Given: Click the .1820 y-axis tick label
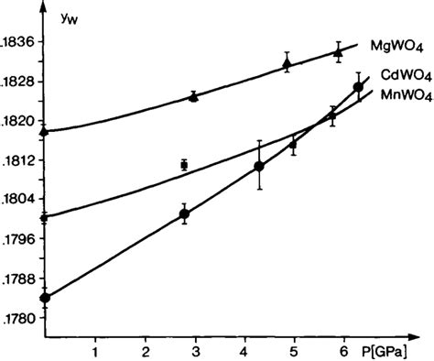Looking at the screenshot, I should pos(19,122).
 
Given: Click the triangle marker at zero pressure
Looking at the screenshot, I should pos(45,131).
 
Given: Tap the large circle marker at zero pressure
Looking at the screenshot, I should pos(45,297).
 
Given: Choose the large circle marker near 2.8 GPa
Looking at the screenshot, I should pos(184,214).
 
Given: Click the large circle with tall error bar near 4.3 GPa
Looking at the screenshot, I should pos(259,166).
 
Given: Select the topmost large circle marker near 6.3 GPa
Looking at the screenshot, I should pos(358,87).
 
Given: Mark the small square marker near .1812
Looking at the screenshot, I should pos(184,165).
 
